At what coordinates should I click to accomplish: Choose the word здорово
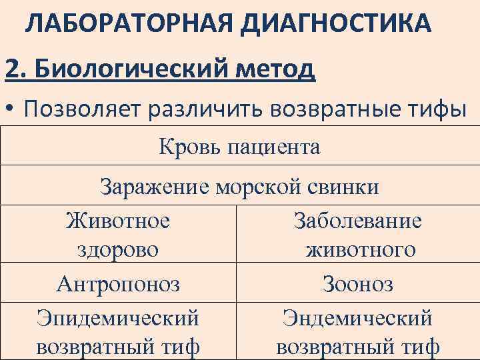click(118, 250)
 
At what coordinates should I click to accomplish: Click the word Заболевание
click(358, 221)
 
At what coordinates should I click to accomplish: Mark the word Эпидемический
click(118, 317)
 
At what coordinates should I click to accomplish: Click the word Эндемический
click(358, 317)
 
